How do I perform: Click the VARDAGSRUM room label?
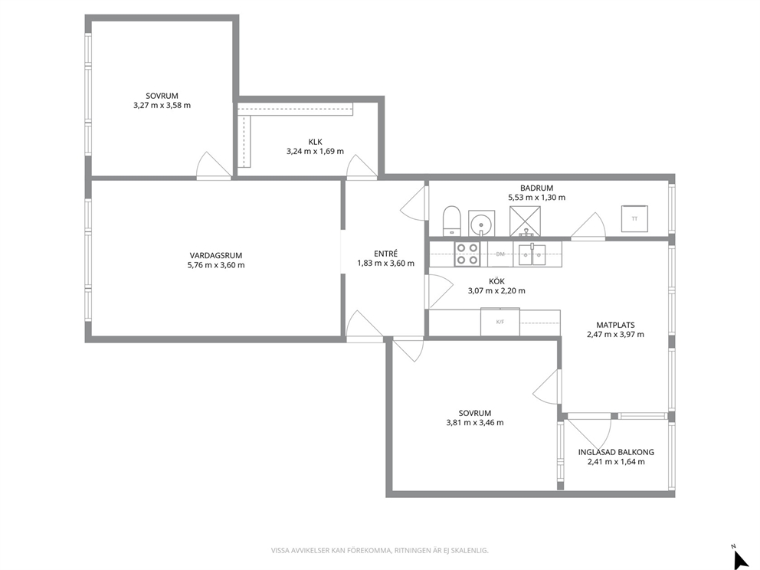tap(216, 255)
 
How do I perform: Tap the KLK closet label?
tap(315, 142)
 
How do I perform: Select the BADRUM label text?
tap(536, 188)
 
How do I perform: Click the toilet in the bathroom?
tap(452, 221)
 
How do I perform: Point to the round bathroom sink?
tap(482, 224)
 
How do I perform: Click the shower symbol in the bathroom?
tap(525, 221)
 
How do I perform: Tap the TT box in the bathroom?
tap(634, 219)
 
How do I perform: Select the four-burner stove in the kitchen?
tap(467, 254)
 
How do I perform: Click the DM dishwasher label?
tap(500, 254)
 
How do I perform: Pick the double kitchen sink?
tap(532, 254)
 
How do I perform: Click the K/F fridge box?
tap(500, 321)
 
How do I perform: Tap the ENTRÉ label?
tap(386, 254)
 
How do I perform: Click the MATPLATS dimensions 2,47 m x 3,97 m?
tap(615, 335)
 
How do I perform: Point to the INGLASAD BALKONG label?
tap(616, 452)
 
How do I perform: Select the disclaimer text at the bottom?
tap(379, 551)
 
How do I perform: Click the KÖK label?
tap(496, 282)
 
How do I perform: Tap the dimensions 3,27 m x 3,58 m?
tap(162, 105)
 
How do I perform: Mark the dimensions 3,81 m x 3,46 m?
tap(475, 423)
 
